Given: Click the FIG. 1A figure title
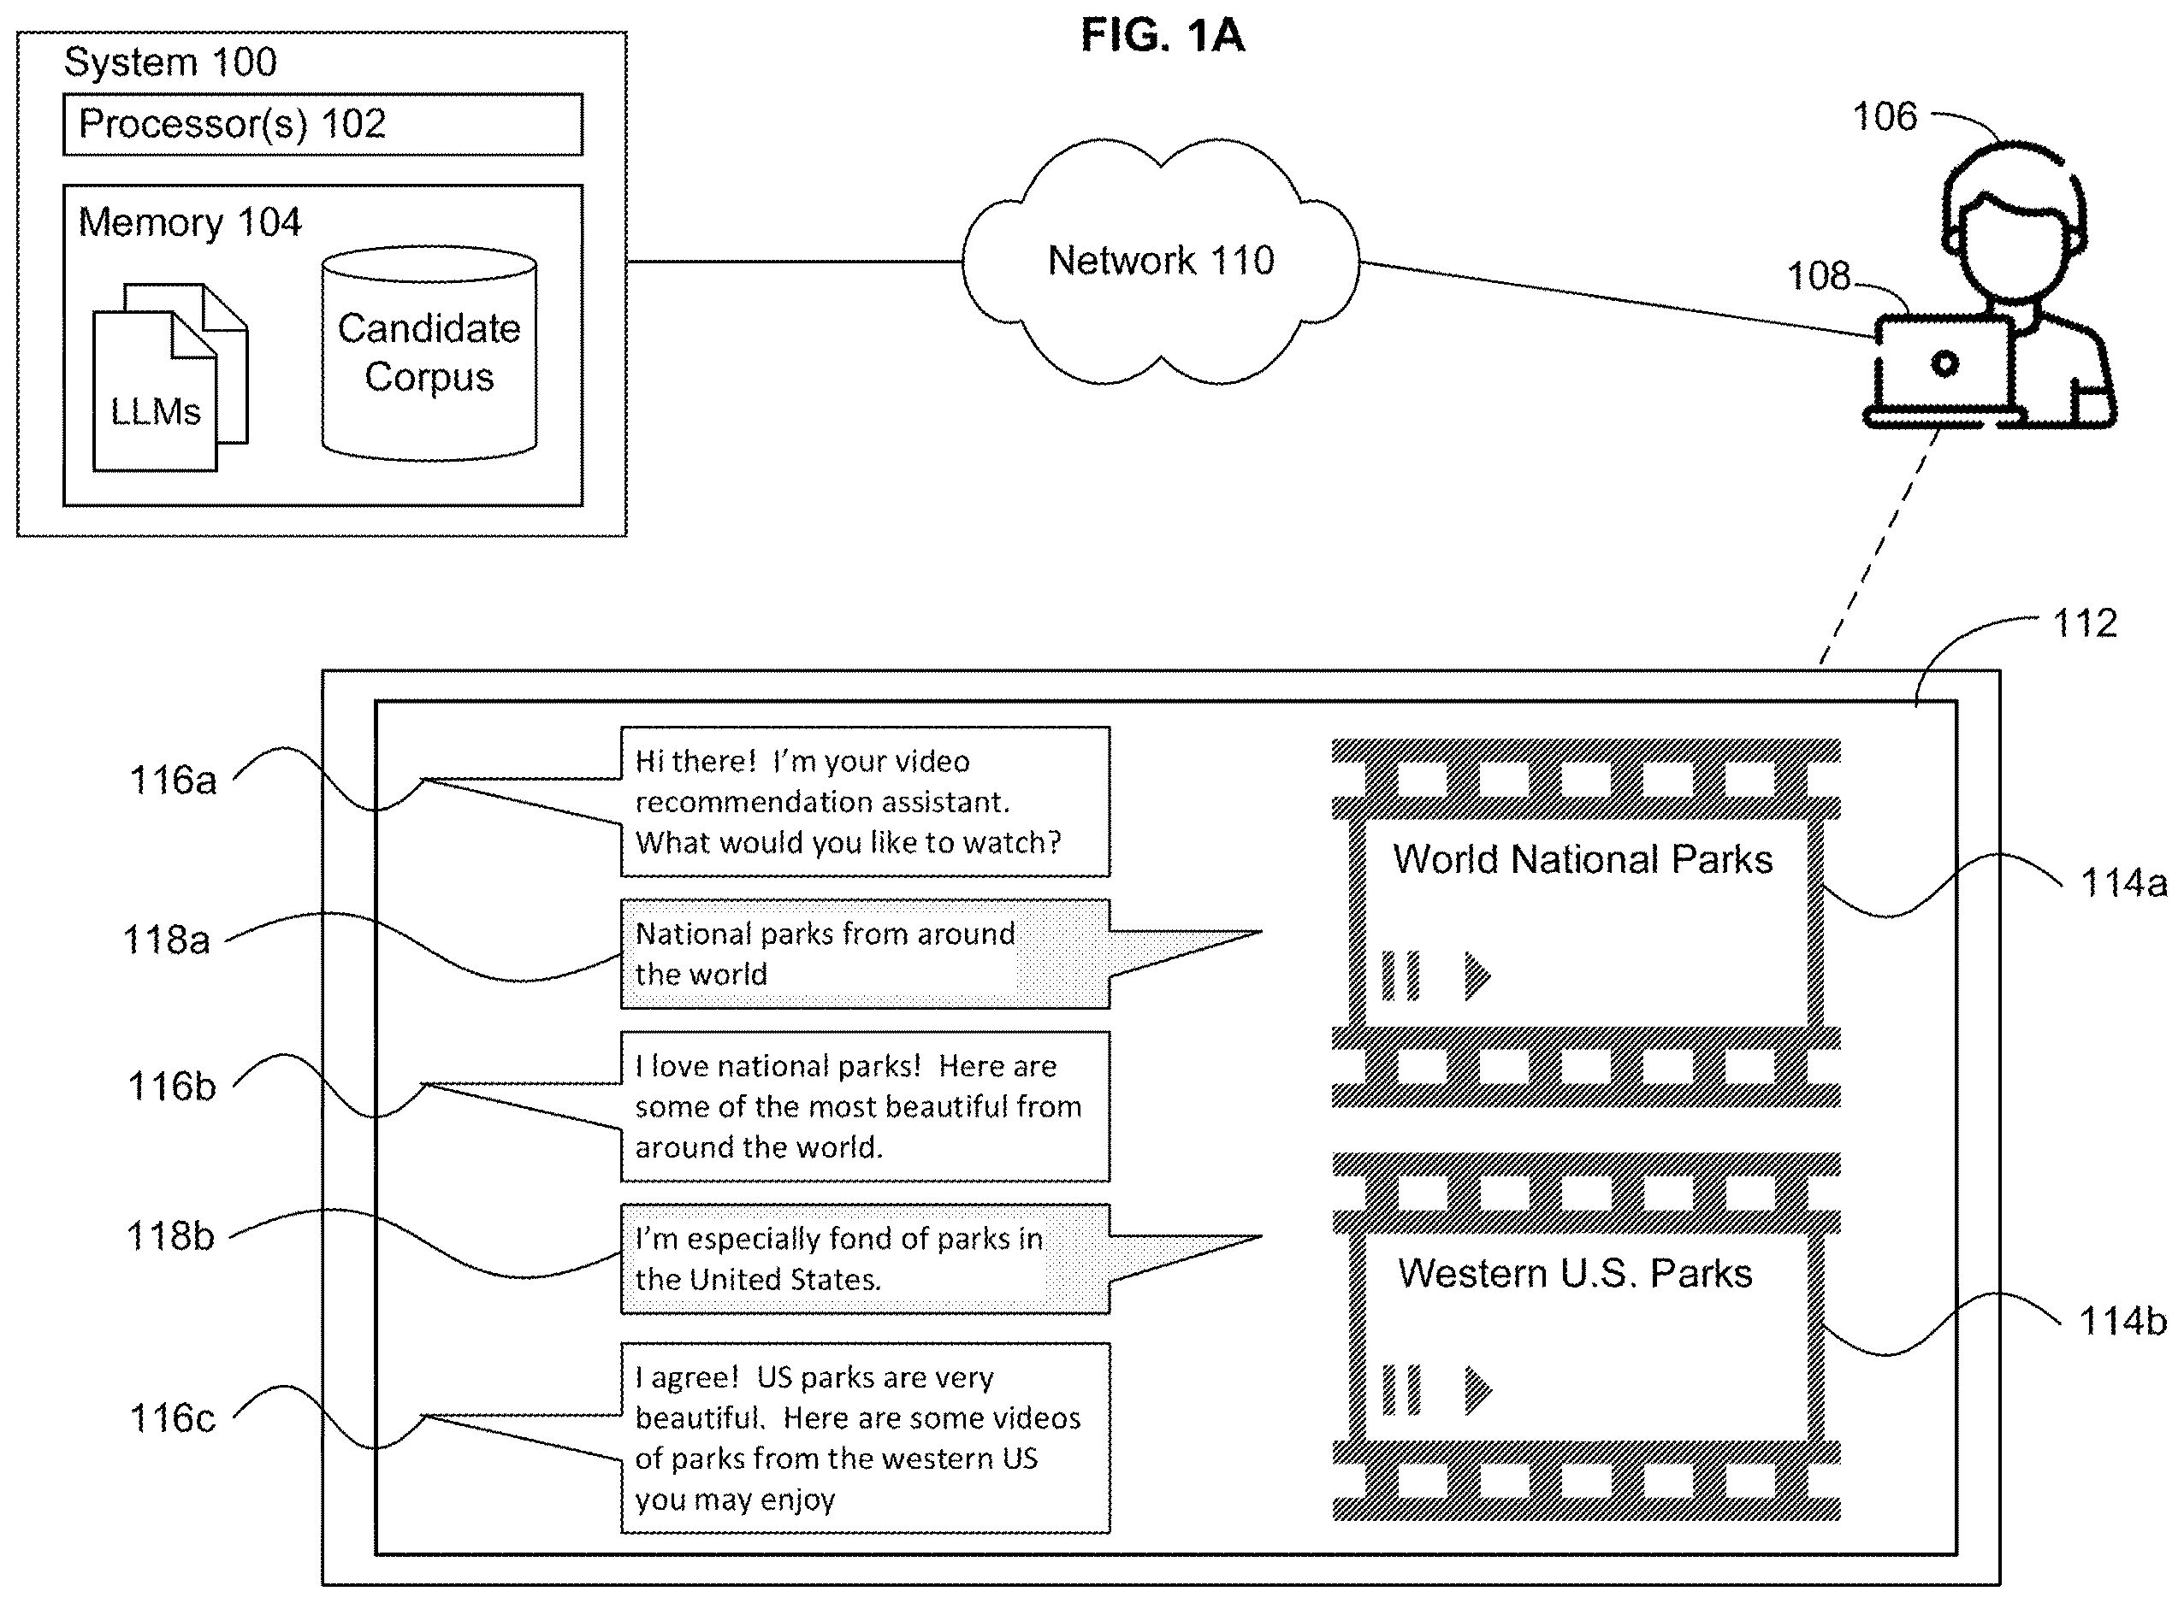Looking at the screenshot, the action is (x=1162, y=36).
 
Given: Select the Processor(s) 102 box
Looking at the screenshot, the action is (x=323, y=124).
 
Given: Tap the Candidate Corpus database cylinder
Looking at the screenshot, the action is (x=429, y=353).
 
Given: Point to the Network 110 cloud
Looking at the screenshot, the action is (x=1161, y=260).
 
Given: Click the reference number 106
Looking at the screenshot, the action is (x=1884, y=116).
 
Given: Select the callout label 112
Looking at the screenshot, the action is (x=2084, y=623).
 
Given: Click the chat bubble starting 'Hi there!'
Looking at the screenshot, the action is (x=865, y=802).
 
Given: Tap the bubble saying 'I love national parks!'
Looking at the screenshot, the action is (x=865, y=1106).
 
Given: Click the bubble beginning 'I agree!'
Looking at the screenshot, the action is (x=865, y=1438).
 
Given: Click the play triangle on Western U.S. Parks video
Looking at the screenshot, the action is (x=1477, y=1389).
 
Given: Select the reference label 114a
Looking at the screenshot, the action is (x=2123, y=883).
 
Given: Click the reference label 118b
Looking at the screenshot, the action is (x=170, y=1236).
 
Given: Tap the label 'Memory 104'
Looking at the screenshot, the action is (x=189, y=222).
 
